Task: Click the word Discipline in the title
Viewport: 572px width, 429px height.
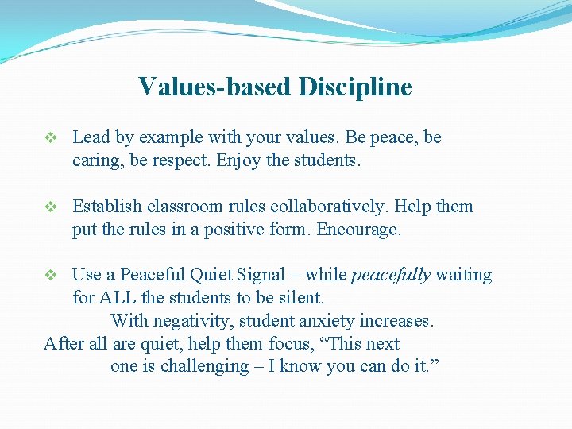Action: (355, 87)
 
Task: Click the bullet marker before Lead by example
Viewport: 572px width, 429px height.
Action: (50, 138)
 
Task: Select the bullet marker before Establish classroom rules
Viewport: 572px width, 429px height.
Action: (50, 207)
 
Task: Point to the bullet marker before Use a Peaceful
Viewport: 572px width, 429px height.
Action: (50, 276)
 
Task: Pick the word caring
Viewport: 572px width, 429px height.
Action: (96, 160)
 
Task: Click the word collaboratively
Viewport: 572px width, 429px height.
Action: (327, 207)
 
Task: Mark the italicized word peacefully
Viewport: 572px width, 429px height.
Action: (390, 276)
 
